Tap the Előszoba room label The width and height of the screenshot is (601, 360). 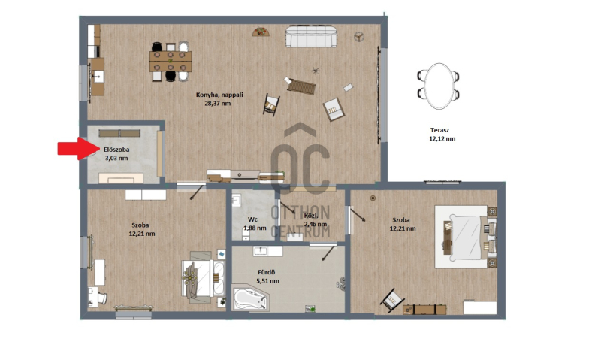pos(116,150)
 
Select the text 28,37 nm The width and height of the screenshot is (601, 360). pos(218,103)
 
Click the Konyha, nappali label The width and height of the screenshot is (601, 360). pos(219,95)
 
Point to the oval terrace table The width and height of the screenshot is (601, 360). pos(439,86)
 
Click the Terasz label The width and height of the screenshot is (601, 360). pos(439,130)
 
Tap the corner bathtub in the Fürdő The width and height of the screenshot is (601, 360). pos(250,297)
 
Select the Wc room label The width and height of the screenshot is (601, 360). pos(252,219)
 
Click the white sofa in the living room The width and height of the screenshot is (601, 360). pos(311,36)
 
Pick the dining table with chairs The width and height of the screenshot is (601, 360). pos(171,62)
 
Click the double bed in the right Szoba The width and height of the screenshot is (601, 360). pos(466,237)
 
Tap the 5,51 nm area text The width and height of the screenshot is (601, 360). pos(268,280)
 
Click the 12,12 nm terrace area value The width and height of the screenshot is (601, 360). pos(442,138)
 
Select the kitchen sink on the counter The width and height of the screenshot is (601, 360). pos(98,77)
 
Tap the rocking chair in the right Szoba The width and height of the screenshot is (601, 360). pos(392,299)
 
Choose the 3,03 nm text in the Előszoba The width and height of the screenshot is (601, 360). pos(116,158)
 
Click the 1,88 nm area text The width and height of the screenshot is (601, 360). pos(255,228)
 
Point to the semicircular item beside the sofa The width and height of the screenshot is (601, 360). pos(261,32)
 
